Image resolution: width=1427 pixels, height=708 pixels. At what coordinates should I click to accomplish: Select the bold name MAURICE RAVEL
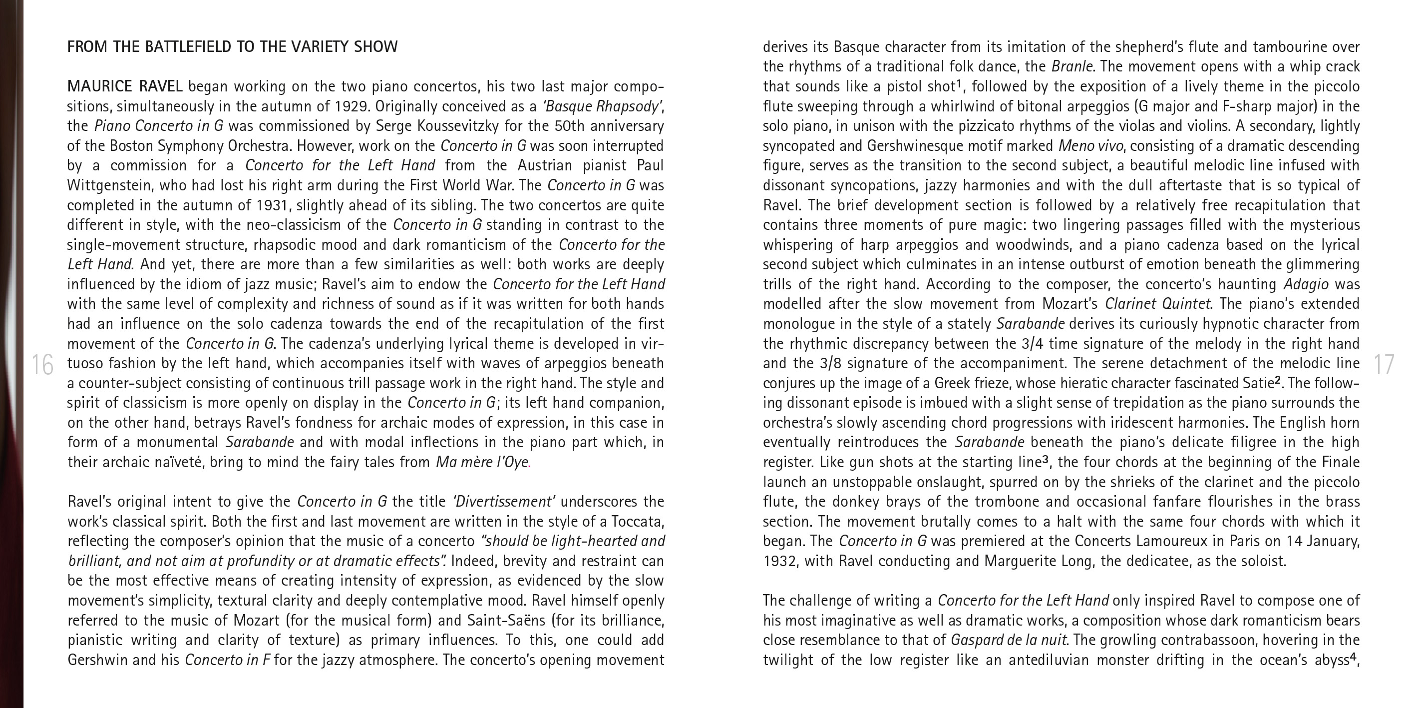(x=125, y=86)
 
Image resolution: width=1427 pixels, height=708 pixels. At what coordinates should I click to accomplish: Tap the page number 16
(x=42, y=365)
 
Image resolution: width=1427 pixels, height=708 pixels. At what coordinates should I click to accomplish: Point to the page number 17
(x=1384, y=365)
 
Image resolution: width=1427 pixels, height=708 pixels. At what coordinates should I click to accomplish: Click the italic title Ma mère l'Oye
(x=481, y=462)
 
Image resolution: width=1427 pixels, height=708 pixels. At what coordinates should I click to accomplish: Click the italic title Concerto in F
(x=228, y=660)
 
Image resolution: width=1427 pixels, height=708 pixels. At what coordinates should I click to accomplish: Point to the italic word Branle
(x=1072, y=66)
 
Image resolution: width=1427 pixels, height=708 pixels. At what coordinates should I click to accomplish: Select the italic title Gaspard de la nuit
(x=1008, y=641)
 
